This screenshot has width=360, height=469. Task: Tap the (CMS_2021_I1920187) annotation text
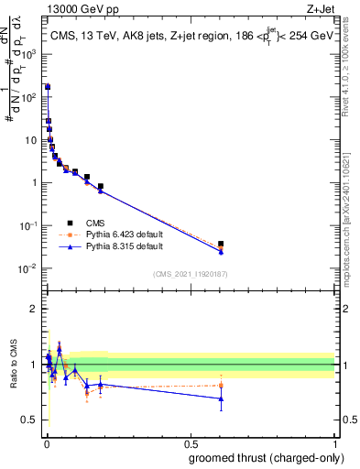click(x=190, y=274)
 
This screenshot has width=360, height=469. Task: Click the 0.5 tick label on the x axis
click(x=190, y=442)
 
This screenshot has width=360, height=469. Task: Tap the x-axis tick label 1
click(x=334, y=442)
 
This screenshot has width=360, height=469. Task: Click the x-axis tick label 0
click(x=46, y=442)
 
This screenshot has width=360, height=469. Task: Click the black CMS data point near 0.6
click(x=221, y=244)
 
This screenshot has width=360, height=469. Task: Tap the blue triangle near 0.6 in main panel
click(x=221, y=251)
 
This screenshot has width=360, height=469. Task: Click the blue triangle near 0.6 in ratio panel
click(x=221, y=398)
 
